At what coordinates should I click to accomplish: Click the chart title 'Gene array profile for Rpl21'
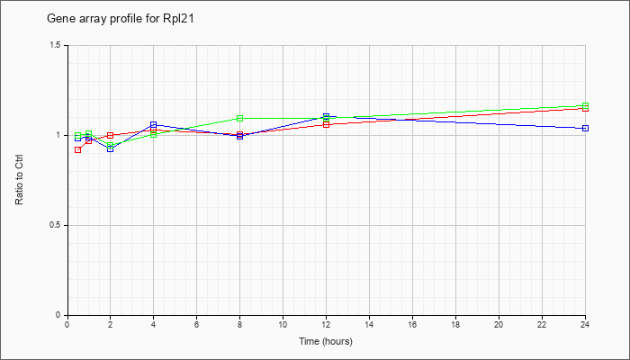tap(121, 19)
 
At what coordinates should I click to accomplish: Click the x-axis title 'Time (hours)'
tap(326, 341)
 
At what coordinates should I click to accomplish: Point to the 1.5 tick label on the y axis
tap(56, 45)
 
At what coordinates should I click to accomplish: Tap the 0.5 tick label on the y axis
tap(56, 225)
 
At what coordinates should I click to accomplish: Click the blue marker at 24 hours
tap(585, 128)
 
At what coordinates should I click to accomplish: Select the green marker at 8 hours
tap(240, 118)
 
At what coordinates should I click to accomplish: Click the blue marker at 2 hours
tap(110, 148)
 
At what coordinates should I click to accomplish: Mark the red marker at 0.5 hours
tap(78, 150)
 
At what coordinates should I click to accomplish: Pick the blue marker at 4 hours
tap(154, 124)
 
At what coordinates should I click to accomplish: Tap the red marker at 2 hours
tap(110, 135)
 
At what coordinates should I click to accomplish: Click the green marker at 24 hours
tap(585, 105)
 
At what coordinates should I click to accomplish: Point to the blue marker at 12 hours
tap(326, 116)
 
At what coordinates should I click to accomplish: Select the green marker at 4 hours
tap(154, 135)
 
